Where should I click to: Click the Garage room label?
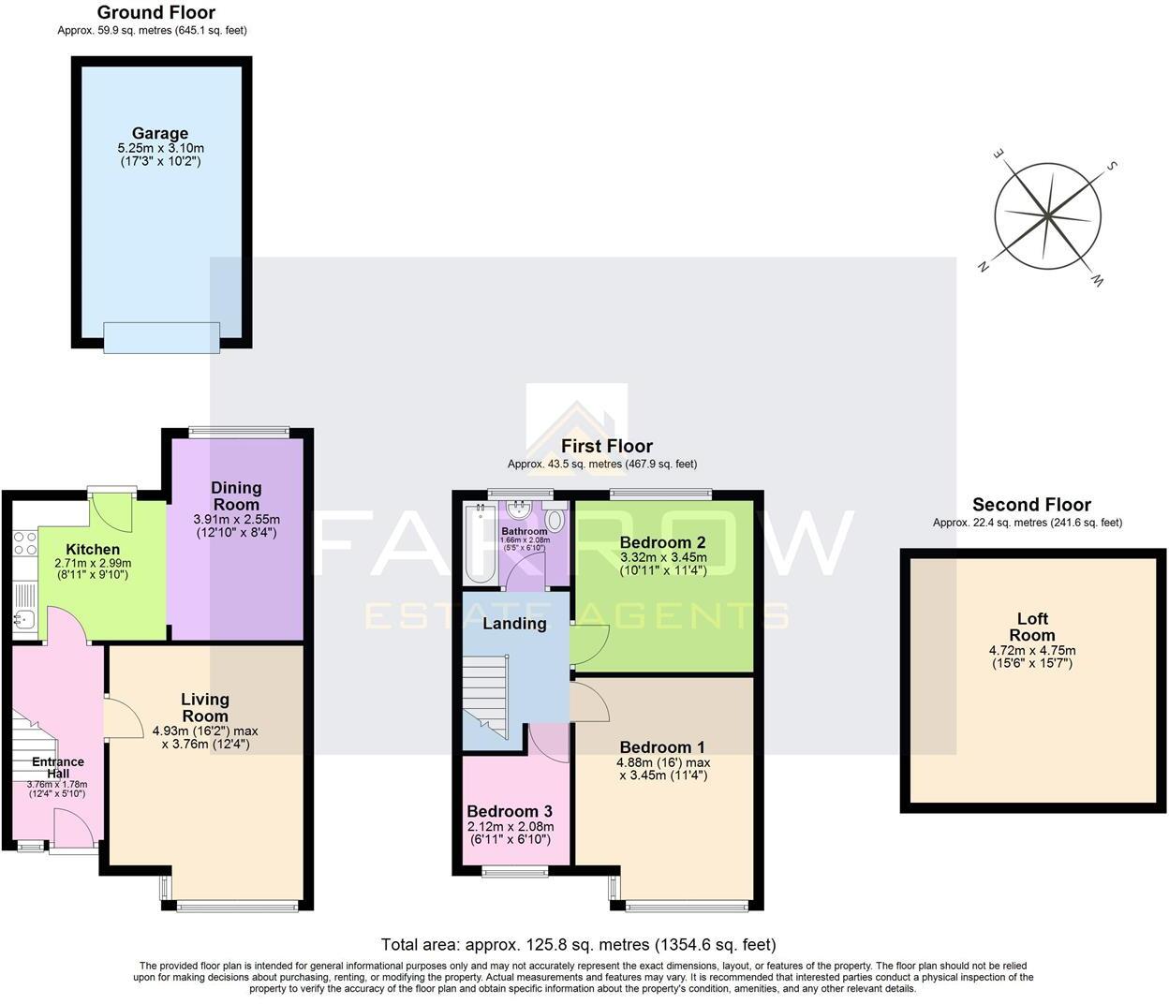159,133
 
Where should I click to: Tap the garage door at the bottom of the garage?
161,337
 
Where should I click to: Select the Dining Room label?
236,495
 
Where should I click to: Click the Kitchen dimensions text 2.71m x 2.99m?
93,563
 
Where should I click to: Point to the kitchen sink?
24,619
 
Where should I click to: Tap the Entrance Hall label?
58,762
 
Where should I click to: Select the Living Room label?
204,707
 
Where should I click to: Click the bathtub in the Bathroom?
481,543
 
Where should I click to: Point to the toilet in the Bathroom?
555,521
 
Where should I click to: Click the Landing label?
514,624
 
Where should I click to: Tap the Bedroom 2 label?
663,542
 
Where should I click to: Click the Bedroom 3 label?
510,811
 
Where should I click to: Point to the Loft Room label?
1031,627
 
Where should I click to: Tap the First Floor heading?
606,446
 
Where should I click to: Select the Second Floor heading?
1030,505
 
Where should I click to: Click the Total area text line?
578,944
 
